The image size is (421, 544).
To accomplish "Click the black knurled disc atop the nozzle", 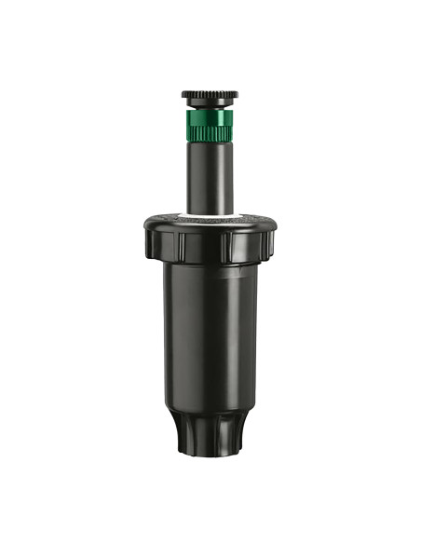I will [x=209, y=95].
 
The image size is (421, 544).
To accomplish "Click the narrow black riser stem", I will [x=209, y=177].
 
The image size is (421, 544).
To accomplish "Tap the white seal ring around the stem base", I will [x=209, y=218].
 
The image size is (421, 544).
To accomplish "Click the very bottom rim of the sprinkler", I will [x=209, y=455].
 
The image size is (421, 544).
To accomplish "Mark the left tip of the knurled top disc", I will [x=183, y=95].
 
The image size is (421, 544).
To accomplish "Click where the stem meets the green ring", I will [x=209, y=143].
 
